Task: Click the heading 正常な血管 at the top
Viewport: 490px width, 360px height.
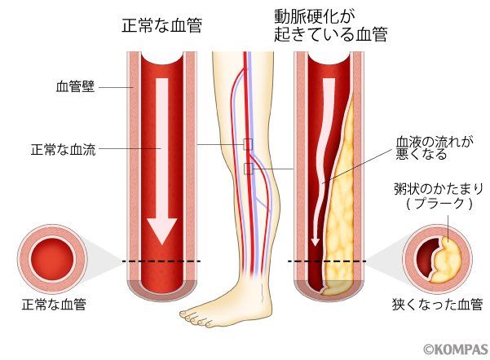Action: (160, 25)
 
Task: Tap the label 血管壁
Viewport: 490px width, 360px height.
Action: (76, 86)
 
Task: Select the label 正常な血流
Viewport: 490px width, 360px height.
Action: (63, 149)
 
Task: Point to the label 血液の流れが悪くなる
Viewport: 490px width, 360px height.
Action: (432, 147)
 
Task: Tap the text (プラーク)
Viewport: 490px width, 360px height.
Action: (439, 205)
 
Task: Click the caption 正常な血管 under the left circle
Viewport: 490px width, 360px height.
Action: (54, 305)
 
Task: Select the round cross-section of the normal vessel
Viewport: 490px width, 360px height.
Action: (54, 260)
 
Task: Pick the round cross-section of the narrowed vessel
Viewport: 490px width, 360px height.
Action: (436, 261)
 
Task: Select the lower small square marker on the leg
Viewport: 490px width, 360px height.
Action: (249, 169)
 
